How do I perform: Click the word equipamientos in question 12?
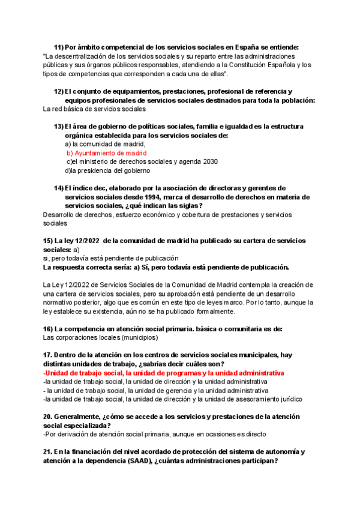(x=134, y=91)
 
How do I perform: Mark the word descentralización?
(x=88, y=56)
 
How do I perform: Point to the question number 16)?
(x=48, y=328)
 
